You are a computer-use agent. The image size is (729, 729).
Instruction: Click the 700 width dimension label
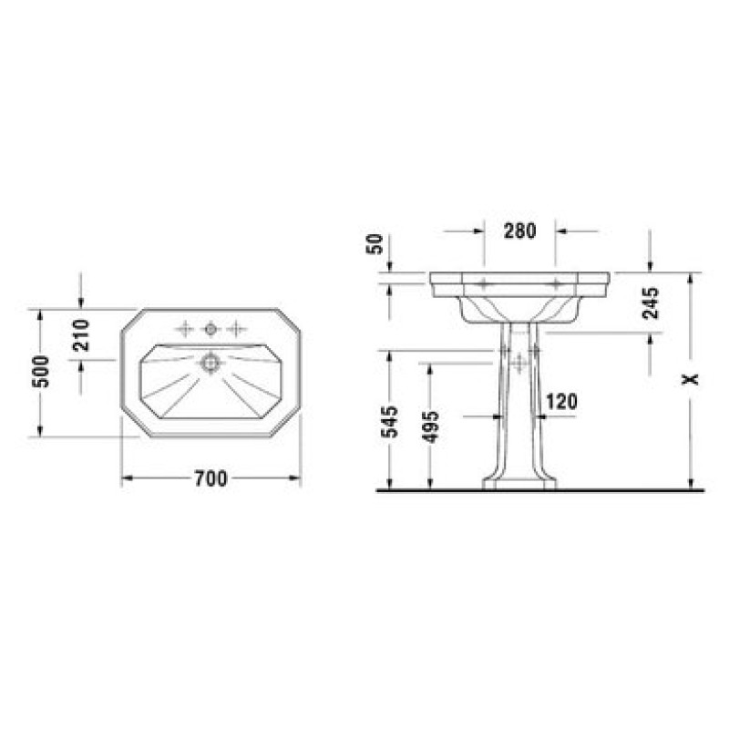tap(210, 478)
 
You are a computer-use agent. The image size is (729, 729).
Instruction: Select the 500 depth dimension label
tap(41, 372)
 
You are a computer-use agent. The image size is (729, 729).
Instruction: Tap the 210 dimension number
tap(81, 335)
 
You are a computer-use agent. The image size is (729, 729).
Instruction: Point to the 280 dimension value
tap(519, 231)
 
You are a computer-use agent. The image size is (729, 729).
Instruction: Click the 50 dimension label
tap(375, 244)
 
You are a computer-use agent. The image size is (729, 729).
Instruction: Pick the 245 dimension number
tap(651, 303)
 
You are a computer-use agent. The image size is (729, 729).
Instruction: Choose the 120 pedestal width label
tap(561, 402)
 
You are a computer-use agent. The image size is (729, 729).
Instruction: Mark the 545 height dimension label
tap(390, 422)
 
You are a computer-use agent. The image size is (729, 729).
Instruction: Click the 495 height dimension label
tap(431, 426)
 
